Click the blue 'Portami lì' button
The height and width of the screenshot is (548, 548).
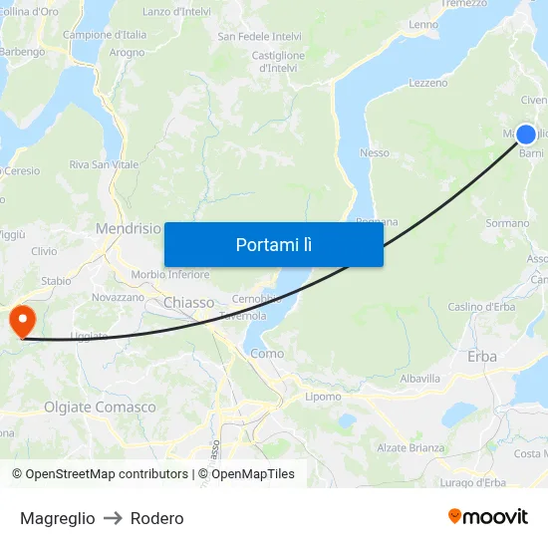click(273, 244)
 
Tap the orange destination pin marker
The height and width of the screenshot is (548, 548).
click(21, 321)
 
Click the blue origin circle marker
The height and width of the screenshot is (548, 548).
click(526, 135)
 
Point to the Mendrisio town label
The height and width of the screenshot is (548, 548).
click(128, 228)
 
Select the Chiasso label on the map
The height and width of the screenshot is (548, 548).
click(188, 302)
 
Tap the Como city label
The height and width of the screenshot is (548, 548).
click(267, 353)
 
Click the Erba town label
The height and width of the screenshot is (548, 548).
click(481, 356)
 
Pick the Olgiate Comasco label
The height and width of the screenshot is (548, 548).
click(100, 407)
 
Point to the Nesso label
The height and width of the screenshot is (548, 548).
click(374, 152)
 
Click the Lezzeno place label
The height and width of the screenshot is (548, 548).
click(427, 83)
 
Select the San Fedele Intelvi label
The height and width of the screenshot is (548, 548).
click(259, 37)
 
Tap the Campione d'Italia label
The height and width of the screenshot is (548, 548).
click(105, 34)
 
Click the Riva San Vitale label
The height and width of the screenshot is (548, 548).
click(104, 164)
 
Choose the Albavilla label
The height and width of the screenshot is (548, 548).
click(419, 379)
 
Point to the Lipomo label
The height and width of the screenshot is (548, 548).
click(323, 396)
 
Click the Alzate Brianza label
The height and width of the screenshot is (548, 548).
click(411, 447)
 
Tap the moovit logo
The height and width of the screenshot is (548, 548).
click(488, 516)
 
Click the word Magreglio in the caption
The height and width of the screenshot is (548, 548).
click(58, 518)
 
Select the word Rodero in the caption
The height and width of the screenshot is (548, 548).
click(156, 518)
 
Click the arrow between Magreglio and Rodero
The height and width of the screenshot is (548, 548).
click(113, 518)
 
